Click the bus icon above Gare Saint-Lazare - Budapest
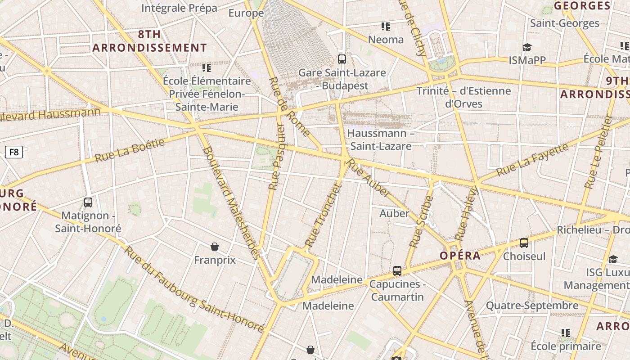point(342,59)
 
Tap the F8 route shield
point(14,152)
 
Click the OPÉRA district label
point(460,256)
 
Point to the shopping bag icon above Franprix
point(215,247)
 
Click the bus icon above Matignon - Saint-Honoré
point(88,202)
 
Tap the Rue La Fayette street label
point(532,160)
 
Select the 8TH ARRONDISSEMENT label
point(150,41)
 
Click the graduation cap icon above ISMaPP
point(527,47)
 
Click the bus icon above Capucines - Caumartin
point(397,271)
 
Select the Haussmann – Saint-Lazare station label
point(381,139)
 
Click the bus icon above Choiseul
point(524,243)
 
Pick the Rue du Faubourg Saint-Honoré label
point(193,289)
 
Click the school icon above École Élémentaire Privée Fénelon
point(207,68)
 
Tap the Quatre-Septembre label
point(532,306)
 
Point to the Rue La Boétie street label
point(130,150)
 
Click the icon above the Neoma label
point(386,27)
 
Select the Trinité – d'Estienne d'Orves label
point(463,97)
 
